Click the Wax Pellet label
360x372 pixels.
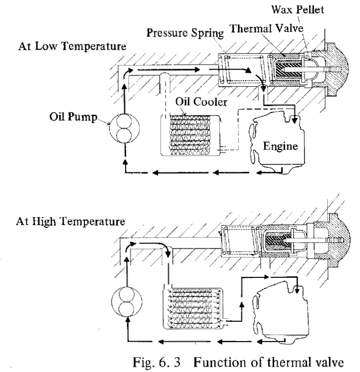pyautogui.click(x=298, y=10)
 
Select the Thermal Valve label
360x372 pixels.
pyautogui.click(x=266, y=28)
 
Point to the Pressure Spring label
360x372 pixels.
pyautogui.click(x=185, y=33)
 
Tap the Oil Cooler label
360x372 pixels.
pyautogui.click(x=201, y=102)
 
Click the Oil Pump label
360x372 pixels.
pyautogui.click(x=73, y=117)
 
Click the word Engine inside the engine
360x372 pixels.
pyautogui.click(x=280, y=146)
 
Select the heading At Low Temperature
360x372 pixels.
pyautogui.click(x=72, y=46)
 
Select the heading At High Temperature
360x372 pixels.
pyautogui.click(x=70, y=221)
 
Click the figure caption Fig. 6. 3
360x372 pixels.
pyautogui.click(x=157, y=363)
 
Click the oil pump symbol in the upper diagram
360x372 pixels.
pyautogui.click(x=124, y=128)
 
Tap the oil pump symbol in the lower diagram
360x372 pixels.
pyautogui.click(x=127, y=301)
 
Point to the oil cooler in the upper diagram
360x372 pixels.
pyautogui.click(x=190, y=135)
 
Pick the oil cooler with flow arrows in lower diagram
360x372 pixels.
pyautogui.click(x=193, y=308)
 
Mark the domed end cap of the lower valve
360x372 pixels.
pyautogui.click(x=339, y=241)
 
